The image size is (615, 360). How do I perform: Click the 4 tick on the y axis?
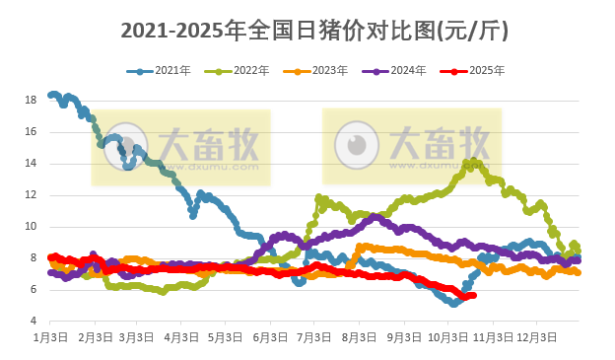tap(32, 322)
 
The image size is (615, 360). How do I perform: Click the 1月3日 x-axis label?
tap(50, 337)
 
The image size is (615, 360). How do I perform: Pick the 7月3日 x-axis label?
tap(314, 337)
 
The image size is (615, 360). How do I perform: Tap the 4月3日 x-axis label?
tap(180, 337)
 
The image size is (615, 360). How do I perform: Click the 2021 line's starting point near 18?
tap(51, 96)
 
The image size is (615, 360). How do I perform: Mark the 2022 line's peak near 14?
tap(473, 162)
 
